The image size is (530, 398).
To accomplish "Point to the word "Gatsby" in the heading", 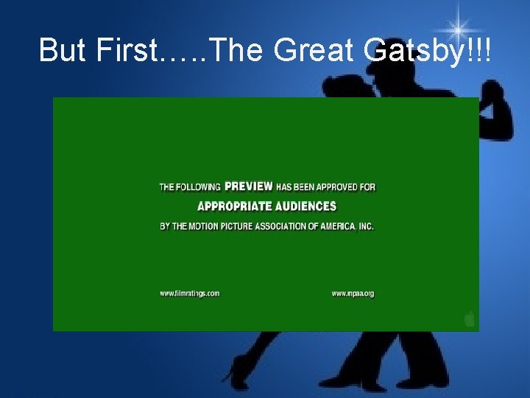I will [412, 50].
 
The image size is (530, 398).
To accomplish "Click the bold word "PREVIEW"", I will [248, 186].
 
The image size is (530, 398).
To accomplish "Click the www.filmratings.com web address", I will [190, 293].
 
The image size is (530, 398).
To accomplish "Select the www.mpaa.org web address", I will [353, 293].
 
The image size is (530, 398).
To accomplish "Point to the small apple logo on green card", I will [469, 318].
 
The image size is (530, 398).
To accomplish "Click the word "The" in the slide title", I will [236, 50].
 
